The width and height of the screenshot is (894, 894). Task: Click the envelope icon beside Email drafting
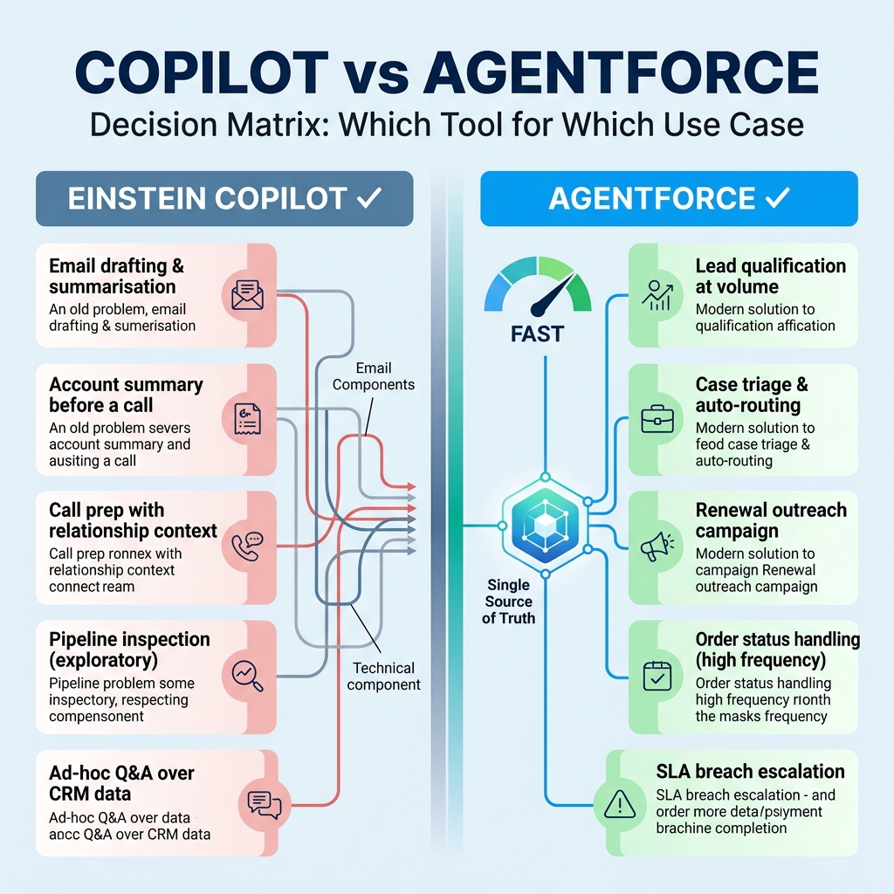pos(247,295)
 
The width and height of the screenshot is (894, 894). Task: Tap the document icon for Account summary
pos(248,419)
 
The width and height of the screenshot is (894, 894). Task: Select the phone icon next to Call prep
pos(247,547)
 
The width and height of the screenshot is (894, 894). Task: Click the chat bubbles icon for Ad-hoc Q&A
pos(265,804)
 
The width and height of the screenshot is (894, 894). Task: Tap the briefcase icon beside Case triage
pos(657,419)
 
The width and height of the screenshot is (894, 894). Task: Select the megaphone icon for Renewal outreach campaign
pos(657,547)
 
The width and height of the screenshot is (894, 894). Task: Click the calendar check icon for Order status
pos(657,677)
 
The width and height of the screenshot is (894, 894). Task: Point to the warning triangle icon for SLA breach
pos(620,804)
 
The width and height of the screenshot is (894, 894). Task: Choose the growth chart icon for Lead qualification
pos(657,295)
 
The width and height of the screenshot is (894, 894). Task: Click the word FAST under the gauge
pos(537,334)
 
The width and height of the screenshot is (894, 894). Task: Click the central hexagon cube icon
pos(546,525)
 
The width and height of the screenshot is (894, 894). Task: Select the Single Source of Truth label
pos(509,602)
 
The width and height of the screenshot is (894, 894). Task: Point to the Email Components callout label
pos(374,376)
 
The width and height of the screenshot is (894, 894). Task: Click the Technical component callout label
pos(384,677)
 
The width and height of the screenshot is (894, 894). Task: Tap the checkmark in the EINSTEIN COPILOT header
pos(369,198)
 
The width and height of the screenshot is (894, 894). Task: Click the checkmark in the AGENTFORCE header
pos(778,198)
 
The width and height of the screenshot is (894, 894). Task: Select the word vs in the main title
pos(375,75)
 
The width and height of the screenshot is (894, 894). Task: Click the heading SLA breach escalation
pos(750,772)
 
